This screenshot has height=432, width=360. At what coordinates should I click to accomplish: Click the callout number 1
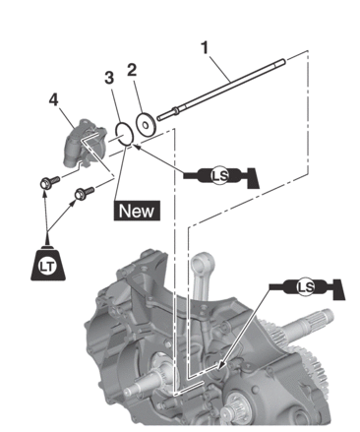click(x=205, y=48)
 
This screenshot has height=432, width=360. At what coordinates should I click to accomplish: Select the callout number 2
click(x=132, y=70)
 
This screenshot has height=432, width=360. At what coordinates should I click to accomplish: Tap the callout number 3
click(x=109, y=78)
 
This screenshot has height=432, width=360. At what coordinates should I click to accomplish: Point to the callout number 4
click(x=53, y=99)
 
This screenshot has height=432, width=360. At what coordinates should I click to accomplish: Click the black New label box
click(x=137, y=211)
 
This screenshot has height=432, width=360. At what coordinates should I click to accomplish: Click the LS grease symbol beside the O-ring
click(x=221, y=176)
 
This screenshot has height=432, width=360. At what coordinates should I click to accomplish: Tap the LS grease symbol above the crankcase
click(x=307, y=287)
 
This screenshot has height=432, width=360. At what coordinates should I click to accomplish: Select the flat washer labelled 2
click(x=145, y=124)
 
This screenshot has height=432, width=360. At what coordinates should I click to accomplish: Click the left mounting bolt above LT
click(x=50, y=182)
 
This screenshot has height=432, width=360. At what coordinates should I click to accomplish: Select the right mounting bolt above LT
click(x=85, y=192)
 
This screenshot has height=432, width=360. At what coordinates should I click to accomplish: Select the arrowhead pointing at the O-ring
click(x=137, y=147)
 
